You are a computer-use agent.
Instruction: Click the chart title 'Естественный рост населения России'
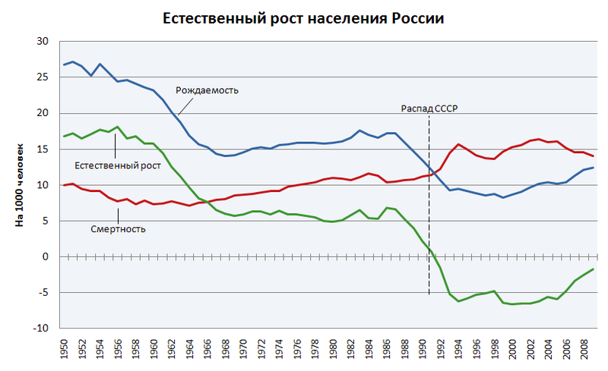(304, 18)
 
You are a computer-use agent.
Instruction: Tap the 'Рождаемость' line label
(207, 90)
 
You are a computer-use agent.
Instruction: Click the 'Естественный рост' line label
(118, 165)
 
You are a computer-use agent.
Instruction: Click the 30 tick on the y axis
(43, 42)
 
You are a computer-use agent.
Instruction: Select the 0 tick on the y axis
(46, 257)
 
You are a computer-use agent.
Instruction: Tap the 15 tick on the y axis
(43, 149)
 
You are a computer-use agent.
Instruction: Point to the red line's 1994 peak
(458, 144)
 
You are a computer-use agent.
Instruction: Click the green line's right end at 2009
(593, 269)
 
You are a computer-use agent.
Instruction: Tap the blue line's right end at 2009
(593, 168)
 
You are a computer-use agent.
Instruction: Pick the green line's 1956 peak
(117, 127)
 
